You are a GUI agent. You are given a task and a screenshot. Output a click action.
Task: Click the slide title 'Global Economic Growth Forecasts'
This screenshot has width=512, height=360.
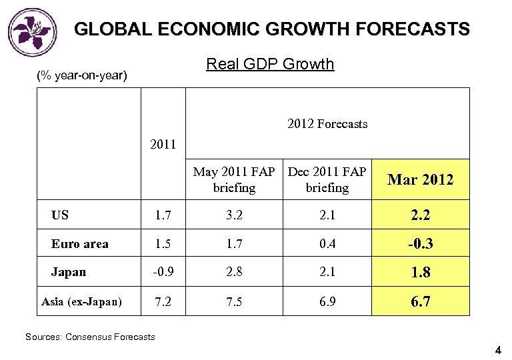coord(271,29)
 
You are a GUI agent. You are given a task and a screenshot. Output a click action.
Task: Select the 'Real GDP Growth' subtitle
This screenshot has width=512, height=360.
coord(270,64)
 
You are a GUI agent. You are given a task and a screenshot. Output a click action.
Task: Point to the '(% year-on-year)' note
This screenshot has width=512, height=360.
coord(81,75)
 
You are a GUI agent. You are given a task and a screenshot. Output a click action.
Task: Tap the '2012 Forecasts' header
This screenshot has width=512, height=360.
coord(327,124)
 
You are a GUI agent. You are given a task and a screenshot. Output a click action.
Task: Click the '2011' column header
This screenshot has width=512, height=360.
coord(163,144)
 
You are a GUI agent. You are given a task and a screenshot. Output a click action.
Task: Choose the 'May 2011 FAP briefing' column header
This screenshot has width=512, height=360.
coord(234,180)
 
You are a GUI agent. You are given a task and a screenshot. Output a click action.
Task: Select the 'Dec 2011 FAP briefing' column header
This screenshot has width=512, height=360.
coord(327,180)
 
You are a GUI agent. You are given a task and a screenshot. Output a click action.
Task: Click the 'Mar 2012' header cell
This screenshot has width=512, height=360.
coord(420,180)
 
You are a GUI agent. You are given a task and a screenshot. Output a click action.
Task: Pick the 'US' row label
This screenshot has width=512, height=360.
coord(60,215)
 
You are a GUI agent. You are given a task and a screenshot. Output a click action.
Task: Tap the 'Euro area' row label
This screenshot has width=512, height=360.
coord(79,244)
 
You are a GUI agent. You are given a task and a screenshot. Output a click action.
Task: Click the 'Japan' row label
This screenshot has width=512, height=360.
coord(69,273)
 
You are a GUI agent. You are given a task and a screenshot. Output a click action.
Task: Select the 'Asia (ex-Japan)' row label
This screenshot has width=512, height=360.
coord(81,302)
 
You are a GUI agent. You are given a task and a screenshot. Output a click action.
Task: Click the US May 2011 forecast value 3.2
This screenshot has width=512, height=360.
coord(234,215)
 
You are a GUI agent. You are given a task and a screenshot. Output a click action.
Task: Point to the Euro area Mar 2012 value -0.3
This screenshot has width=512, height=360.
coord(420,244)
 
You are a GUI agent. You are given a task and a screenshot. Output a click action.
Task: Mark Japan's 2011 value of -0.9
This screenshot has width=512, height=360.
coord(163,273)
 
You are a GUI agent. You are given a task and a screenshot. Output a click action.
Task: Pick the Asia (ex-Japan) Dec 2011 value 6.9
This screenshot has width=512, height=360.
coord(327,302)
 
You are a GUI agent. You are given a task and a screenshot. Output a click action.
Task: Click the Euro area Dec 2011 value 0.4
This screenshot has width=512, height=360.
coord(327,244)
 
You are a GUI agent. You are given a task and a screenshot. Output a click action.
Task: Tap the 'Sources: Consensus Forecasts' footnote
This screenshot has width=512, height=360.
coord(90,337)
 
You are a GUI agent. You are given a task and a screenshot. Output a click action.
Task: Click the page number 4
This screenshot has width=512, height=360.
coord(498,350)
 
